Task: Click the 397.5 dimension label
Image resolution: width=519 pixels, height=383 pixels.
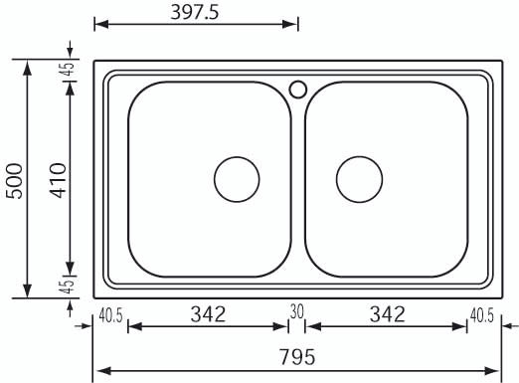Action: point(195,13)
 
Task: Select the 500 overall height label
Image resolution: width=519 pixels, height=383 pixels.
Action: point(15,181)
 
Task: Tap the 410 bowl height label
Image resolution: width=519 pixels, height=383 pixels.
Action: point(59,180)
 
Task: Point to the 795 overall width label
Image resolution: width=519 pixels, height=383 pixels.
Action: point(297,357)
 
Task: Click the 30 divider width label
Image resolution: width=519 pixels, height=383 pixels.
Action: point(296,311)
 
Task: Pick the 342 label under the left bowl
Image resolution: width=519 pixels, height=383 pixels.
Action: point(208,314)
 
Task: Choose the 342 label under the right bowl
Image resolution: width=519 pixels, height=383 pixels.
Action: point(388,314)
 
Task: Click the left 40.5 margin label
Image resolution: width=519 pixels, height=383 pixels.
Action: point(110,315)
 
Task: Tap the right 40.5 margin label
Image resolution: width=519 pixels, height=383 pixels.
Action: point(482,315)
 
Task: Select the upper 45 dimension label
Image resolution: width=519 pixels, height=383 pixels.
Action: point(68,70)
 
